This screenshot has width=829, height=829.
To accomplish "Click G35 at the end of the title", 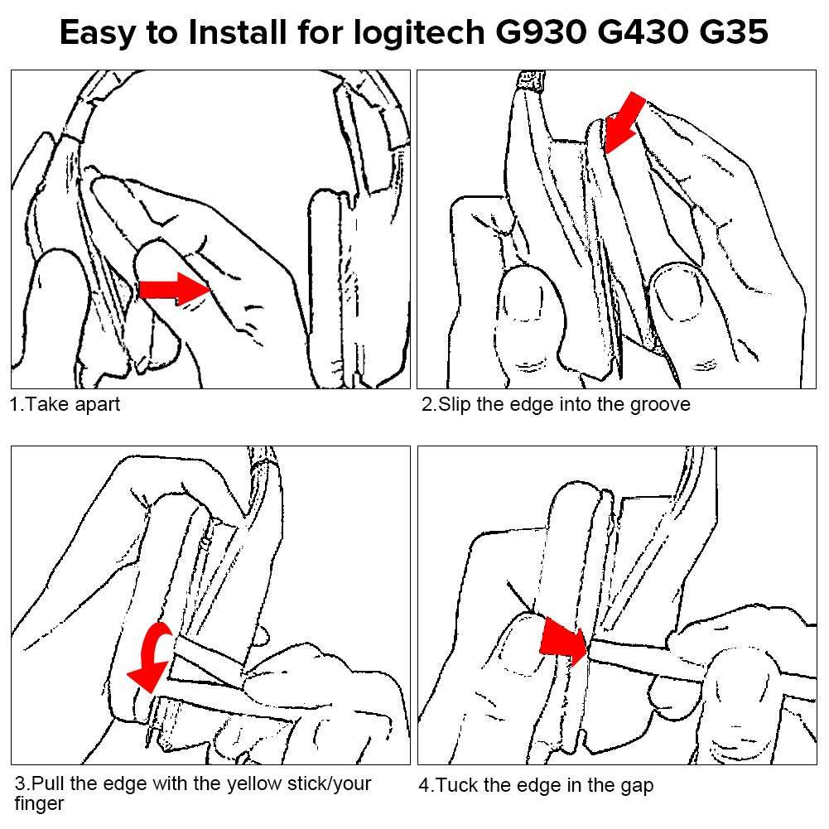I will (732, 33).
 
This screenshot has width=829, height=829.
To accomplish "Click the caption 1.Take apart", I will (65, 405).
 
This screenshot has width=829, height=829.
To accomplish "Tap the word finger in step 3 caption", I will (39, 803).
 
